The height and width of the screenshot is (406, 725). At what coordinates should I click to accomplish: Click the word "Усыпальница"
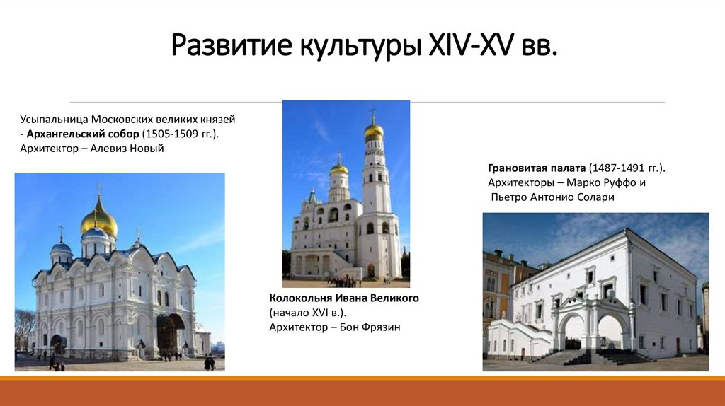point(53,120)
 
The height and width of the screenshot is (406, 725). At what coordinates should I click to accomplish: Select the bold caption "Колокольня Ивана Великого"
point(344,298)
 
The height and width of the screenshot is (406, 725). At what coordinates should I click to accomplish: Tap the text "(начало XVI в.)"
point(308,313)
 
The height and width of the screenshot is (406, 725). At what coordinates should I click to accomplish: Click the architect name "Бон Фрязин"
point(370,327)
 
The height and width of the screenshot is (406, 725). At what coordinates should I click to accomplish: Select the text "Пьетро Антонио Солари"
point(553,197)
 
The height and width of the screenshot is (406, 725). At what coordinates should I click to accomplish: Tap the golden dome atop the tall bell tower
point(374,130)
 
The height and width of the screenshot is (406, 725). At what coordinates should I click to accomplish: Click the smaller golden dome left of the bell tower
point(339,169)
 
